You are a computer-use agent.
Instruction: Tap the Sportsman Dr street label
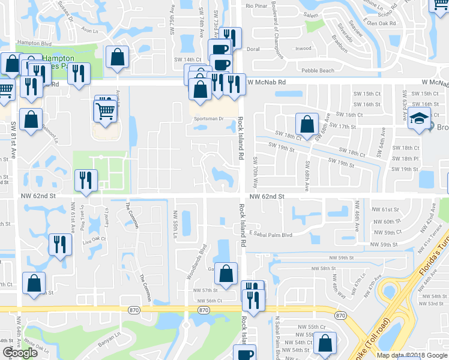pyautogui.click(x=208, y=119)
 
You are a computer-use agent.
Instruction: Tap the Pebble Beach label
pyautogui.click(x=318, y=71)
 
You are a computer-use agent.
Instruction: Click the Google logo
pyautogui.click(x=20, y=353)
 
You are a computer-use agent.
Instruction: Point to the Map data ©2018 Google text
pyautogui.click(x=412, y=355)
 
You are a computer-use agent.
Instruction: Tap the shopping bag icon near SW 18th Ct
pyautogui.click(x=307, y=124)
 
